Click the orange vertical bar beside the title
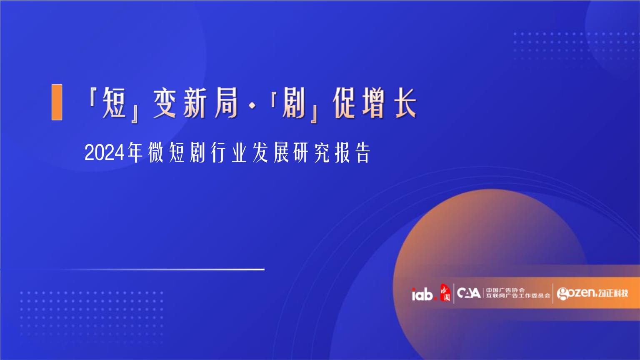[57, 102]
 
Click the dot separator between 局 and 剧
[252, 105]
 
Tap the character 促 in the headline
[344, 103]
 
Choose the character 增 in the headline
[374, 103]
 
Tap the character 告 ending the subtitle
[363, 153]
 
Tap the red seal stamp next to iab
[445, 292]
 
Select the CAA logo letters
[469, 293]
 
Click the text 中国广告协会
[505, 290]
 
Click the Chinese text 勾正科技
[613, 293]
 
